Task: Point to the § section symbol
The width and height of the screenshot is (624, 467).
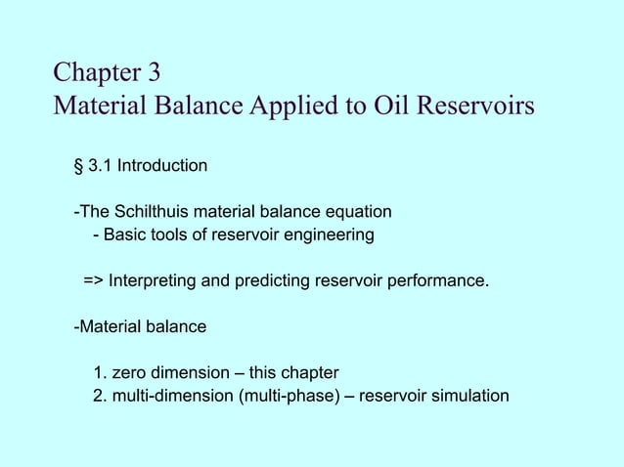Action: tap(78, 166)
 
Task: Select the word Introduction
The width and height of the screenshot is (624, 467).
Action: tap(161, 166)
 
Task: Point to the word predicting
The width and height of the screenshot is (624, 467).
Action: tap(269, 281)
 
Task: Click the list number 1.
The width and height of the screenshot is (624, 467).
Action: tap(99, 373)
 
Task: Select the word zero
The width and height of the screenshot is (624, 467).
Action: tap(129, 373)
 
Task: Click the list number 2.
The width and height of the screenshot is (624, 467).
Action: tap(99, 396)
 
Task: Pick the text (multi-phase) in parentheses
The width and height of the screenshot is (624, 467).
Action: tap(291, 396)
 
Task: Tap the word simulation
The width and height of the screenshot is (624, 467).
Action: tap(471, 396)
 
